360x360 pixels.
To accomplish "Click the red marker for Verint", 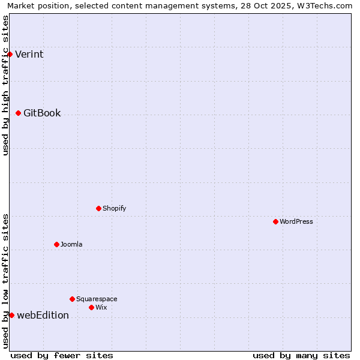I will [10, 54].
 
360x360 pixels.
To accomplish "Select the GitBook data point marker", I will [18, 113].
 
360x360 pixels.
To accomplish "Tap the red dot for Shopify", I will [98, 208].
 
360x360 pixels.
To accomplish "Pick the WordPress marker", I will [275, 221].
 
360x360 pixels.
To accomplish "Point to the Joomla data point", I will [56, 244].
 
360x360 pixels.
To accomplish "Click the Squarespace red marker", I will [72, 299].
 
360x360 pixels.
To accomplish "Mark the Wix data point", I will [91, 307].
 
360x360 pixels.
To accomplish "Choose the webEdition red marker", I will [11, 315].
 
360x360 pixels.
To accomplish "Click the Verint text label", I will [29, 55].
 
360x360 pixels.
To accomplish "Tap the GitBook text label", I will [42, 113].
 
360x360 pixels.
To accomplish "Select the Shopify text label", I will [114, 209].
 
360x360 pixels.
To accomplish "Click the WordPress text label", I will [296, 222].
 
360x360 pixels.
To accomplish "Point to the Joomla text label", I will [71, 245].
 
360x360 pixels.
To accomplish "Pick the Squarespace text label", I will [97, 299].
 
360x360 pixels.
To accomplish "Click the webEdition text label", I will [43, 316].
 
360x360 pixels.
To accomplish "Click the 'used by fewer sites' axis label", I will [62, 355].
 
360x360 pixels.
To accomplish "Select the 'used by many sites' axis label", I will [301, 355].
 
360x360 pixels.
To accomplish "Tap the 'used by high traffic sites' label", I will [5, 85].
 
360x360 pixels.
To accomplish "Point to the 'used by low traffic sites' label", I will [5, 281].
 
